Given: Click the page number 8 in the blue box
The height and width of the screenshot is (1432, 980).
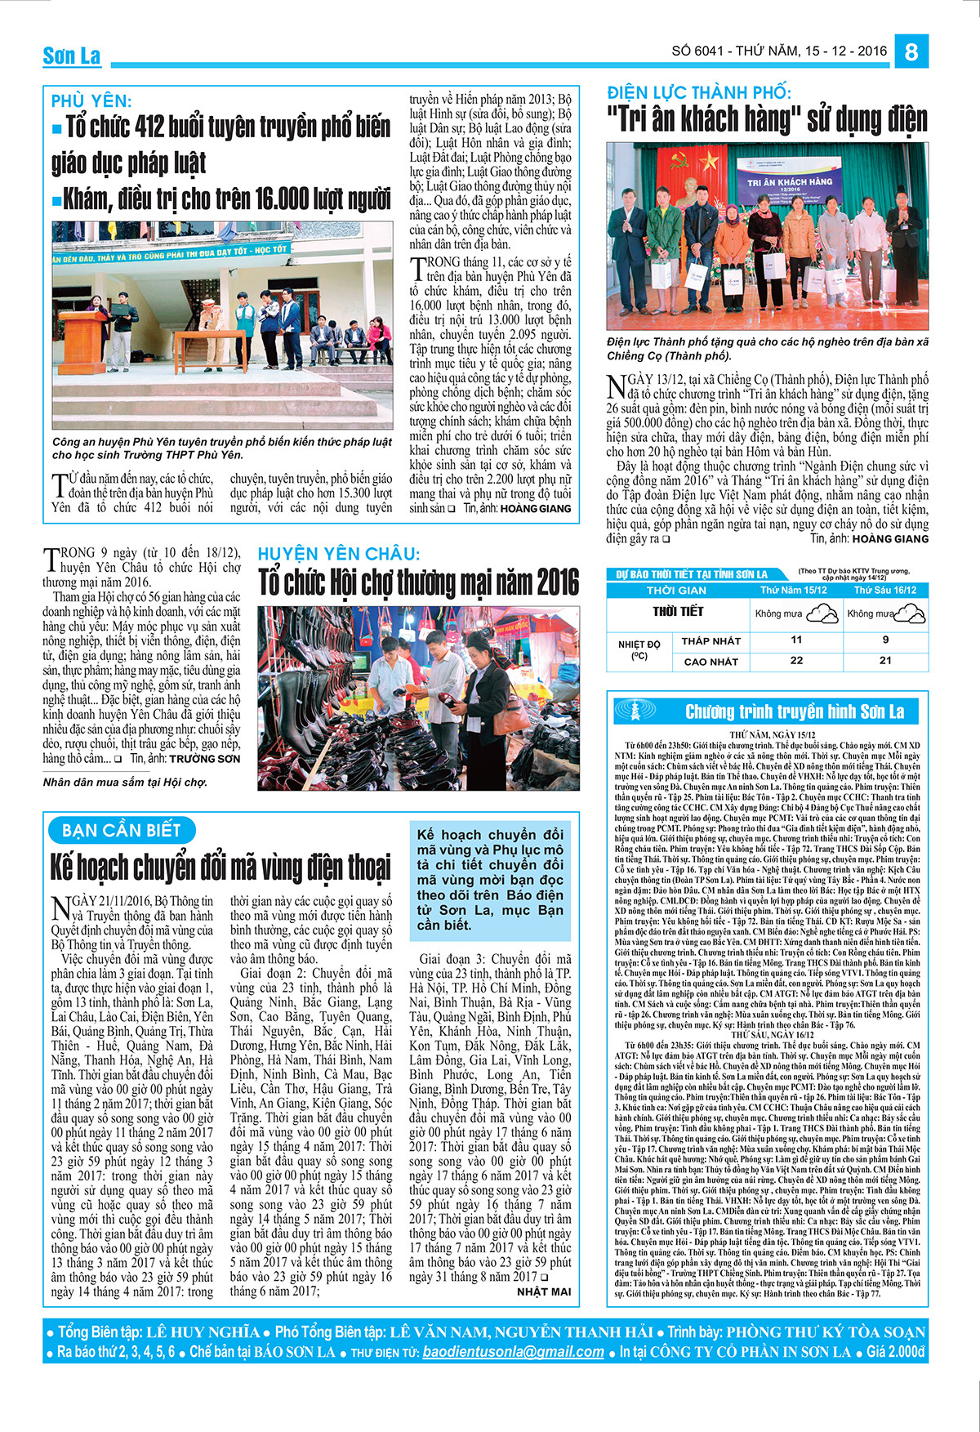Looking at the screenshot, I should (911, 52).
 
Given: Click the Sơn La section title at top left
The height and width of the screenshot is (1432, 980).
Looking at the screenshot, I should (72, 56).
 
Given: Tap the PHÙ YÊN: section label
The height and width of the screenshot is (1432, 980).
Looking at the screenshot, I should (91, 101).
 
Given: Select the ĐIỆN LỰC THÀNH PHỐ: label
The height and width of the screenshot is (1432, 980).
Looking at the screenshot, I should (698, 92).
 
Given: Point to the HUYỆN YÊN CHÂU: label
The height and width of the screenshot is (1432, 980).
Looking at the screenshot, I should (339, 554).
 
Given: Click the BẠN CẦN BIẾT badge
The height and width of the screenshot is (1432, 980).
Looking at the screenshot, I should (122, 831).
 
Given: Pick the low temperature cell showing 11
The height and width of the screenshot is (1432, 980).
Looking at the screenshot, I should (796, 640).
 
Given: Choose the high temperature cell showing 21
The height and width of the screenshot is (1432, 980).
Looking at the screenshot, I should (885, 660).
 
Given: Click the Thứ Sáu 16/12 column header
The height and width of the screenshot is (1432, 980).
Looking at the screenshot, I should (885, 590).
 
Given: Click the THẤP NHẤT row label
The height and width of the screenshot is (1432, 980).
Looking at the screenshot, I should (710, 641).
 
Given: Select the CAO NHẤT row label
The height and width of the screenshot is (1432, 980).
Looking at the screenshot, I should (710, 662).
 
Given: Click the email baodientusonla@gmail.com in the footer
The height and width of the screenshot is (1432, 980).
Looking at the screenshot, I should (514, 1352).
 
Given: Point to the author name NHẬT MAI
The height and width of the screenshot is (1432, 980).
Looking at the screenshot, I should (544, 1291).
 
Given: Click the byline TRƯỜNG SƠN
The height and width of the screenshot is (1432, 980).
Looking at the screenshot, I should (205, 759).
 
